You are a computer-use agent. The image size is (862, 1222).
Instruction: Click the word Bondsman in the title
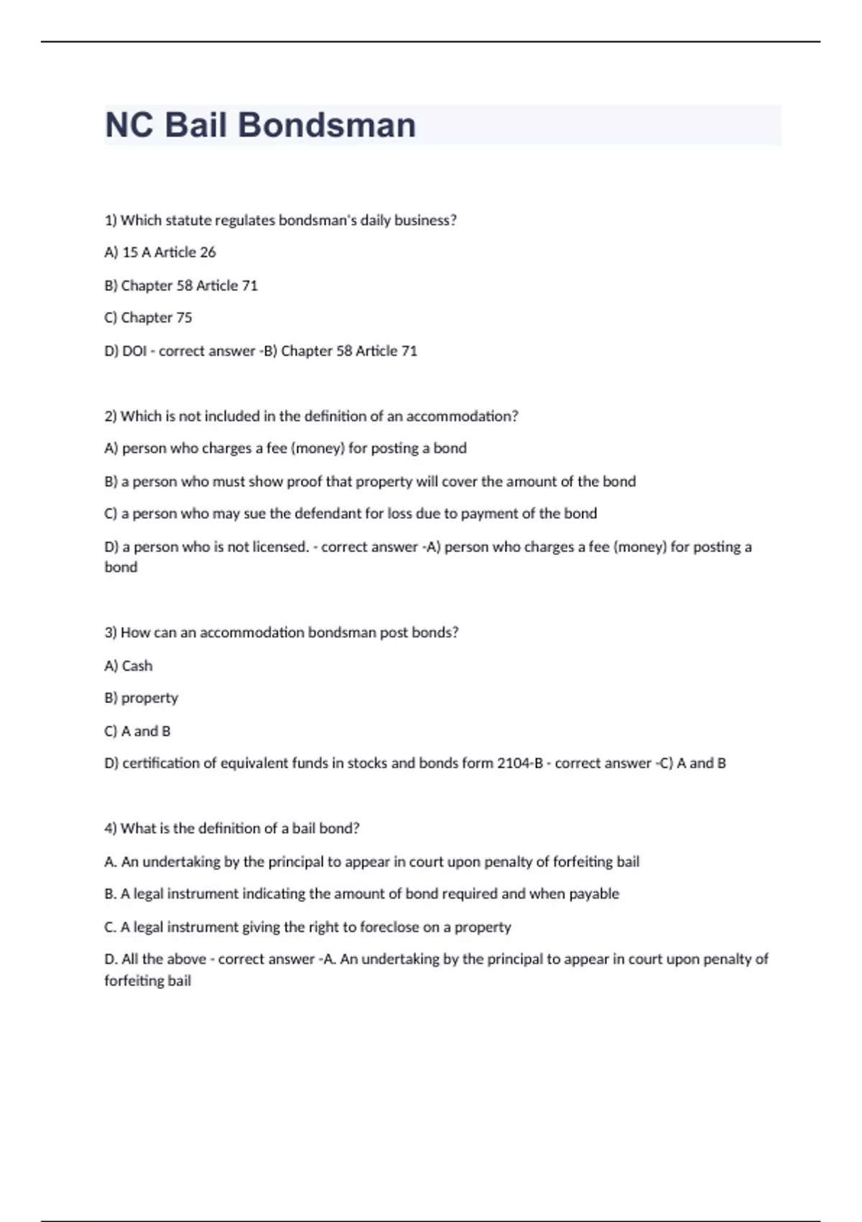326,125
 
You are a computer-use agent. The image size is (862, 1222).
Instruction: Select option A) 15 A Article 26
160,252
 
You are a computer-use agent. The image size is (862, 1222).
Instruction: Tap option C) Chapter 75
148,318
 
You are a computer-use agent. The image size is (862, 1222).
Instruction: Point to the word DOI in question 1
134,351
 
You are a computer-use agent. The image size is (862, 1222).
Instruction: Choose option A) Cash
129,666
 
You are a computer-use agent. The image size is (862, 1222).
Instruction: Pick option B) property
142,698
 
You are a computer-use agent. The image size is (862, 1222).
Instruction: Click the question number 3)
111,633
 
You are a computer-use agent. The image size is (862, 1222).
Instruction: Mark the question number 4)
111,828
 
